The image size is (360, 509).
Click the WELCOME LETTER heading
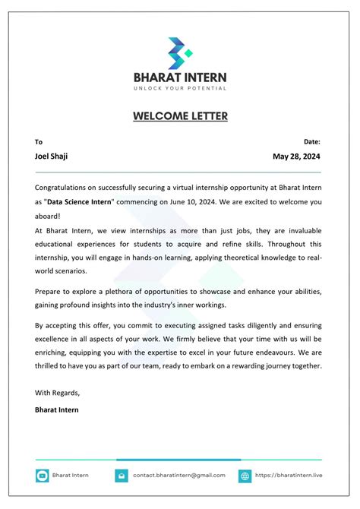pyautogui.click(x=180, y=116)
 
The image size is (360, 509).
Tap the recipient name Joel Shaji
pyautogui.click(x=52, y=156)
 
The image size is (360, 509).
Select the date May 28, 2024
pyautogui.click(x=296, y=156)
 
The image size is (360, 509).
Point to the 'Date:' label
pyautogui.click(x=312, y=141)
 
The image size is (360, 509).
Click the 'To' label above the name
pyautogui.click(x=39, y=141)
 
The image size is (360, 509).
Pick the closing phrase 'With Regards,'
pyautogui.click(x=57, y=393)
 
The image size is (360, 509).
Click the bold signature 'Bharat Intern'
pyautogui.click(x=57, y=409)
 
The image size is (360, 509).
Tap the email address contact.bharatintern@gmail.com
pyautogui.click(x=179, y=476)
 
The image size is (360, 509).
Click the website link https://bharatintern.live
pyautogui.click(x=289, y=476)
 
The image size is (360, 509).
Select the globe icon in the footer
pyautogui.click(x=245, y=476)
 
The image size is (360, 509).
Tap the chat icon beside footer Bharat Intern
pyautogui.click(x=43, y=476)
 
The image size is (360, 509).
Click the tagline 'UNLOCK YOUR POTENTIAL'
pyautogui.click(x=180, y=89)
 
